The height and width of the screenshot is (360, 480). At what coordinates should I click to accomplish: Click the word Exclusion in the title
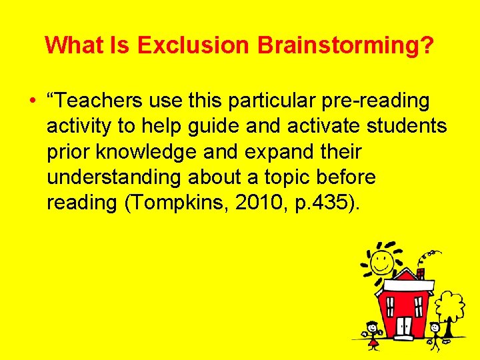point(193,45)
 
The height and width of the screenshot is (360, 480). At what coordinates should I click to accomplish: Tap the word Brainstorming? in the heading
point(345,46)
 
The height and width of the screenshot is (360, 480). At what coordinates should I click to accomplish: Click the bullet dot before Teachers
point(32,101)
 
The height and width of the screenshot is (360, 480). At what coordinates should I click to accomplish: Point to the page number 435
point(325,202)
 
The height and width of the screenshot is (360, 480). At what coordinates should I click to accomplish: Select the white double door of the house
point(404,326)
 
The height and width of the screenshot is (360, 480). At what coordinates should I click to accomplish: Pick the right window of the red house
point(419,306)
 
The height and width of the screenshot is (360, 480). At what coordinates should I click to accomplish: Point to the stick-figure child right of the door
point(434,333)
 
